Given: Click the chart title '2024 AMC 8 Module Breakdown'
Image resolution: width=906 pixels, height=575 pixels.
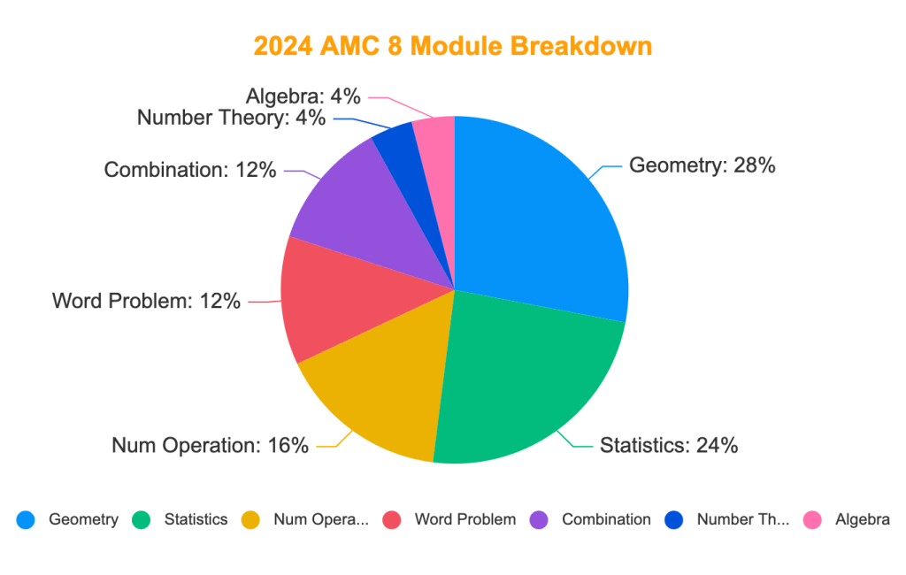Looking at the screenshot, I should coord(452,46).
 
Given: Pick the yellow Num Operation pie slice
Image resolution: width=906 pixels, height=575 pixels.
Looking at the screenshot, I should coord(380,389).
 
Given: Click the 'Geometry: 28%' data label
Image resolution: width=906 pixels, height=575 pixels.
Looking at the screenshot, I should coord(702,165).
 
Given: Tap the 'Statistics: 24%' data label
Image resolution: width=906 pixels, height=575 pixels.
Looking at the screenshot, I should coord(669,445).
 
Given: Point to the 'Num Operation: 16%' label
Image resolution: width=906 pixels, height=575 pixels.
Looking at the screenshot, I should coord(210,445).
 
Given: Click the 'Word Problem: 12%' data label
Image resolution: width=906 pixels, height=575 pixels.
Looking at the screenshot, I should coord(146,301).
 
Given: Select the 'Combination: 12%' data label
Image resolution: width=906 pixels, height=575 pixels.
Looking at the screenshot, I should coord(190,170).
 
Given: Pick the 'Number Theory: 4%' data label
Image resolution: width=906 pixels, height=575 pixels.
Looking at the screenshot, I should coord(231,118).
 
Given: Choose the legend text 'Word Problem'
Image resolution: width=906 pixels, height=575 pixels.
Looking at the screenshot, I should coord(465,519).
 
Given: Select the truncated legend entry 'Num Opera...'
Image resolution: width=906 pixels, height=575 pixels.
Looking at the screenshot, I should coord(321,519).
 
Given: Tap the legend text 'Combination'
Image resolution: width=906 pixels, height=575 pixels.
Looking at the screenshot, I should coord(606,519).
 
